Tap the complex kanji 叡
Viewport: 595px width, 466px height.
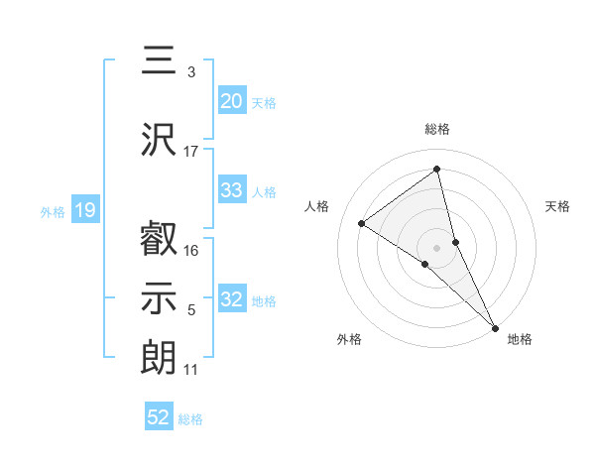click(x=159, y=240)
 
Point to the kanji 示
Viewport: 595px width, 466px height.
click(x=159, y=297)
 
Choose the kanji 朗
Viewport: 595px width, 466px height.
click(x=159, y=357)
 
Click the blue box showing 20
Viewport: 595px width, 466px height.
click(x=232, y=101)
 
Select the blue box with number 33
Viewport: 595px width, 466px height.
click(x=232, y=191)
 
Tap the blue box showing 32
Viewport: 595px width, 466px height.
click(x=232, y=300)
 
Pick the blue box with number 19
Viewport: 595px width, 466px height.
click(x=85, y=210)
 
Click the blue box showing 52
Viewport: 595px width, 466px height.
click(x=159, y=417)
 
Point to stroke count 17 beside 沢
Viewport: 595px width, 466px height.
click(x=191, y=151)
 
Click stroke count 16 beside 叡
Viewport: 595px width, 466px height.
click(x=191, y=251)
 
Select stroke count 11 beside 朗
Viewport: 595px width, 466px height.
click(x=191, y=370)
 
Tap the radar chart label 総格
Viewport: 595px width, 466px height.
click(x=437, y=129)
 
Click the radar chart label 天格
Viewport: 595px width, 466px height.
click(x=557, y=206)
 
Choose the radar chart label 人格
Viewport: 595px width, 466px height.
click(x=317, y=206)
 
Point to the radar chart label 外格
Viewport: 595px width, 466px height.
click(x=349, y=339)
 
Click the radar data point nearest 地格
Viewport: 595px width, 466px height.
click(x=495, y=326)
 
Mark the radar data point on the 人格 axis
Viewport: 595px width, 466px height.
click(x=362, y=223)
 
